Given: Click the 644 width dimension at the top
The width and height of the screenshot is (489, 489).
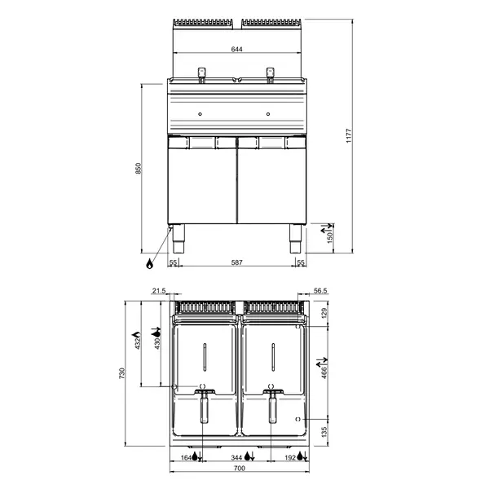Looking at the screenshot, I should [x=236, y=50].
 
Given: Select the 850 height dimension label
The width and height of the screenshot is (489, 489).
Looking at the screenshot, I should [x=138, y=169].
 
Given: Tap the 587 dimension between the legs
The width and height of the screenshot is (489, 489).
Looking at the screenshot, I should [x=236, y=262].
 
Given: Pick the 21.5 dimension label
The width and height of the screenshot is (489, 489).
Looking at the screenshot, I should [x=159, y=290].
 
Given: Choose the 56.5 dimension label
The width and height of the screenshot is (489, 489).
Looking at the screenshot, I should [x=319, y=290].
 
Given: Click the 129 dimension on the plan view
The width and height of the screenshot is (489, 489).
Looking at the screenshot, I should [x=324, y=314].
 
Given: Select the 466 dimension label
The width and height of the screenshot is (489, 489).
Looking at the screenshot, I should [x=324, y=371].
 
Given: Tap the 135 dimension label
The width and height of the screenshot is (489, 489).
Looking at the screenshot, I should [x=324, y=431].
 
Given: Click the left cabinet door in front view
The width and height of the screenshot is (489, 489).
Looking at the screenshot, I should [x=202, y=184].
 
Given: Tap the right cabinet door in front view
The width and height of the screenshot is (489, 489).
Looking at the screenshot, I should [x=271, y=184].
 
